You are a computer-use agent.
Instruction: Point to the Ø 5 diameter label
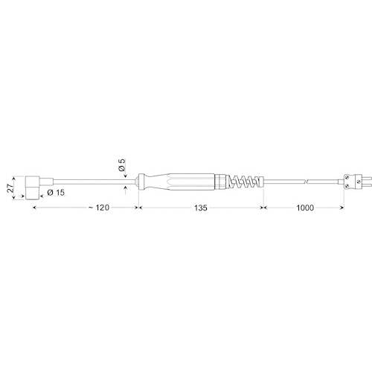click(121, 166)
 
